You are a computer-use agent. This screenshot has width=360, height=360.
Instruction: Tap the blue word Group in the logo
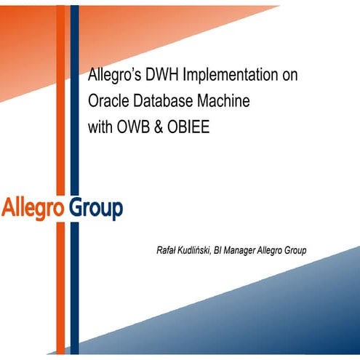tap(95, 209)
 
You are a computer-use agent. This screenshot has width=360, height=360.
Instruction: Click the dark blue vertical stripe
tap(73, 145)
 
